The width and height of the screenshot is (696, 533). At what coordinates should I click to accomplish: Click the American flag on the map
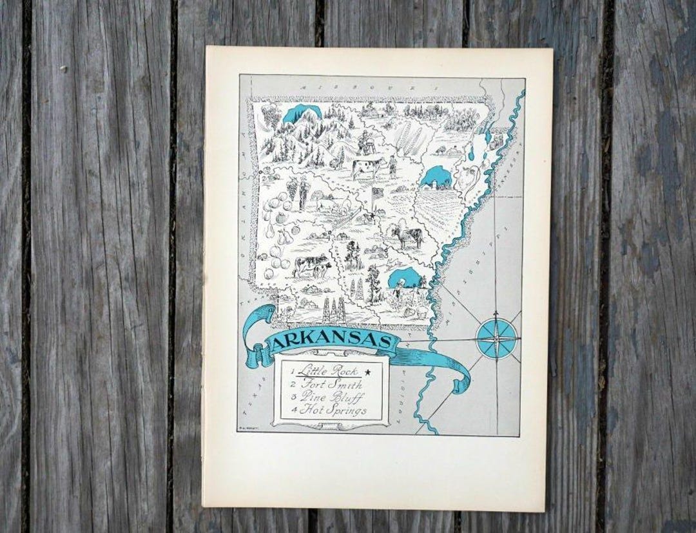376,193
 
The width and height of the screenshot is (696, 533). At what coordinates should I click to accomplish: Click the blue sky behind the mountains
301,114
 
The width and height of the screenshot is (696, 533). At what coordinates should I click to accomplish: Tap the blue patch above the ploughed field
436,176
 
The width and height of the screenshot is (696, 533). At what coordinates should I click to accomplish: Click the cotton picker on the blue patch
400,288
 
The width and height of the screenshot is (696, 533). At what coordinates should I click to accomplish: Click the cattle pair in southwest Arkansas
311,266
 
